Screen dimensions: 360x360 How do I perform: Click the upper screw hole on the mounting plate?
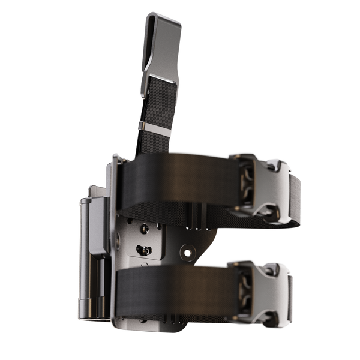click(x=145, y=229)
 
